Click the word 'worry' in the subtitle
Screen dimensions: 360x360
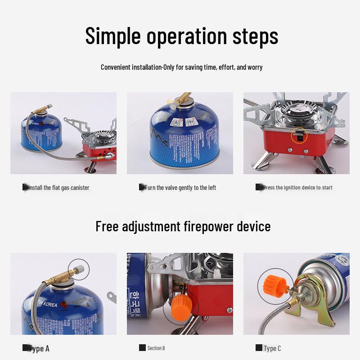coord(255,67)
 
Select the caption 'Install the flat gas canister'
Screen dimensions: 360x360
coord(58,188)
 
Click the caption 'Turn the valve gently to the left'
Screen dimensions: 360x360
coord(180,188)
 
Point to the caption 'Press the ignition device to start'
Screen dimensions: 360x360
coord(297,188)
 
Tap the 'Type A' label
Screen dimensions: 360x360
coord(40,348)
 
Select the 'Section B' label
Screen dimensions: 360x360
coord(156,348)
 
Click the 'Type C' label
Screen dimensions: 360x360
coord(272,348)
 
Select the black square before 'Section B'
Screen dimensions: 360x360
coord(142,348)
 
